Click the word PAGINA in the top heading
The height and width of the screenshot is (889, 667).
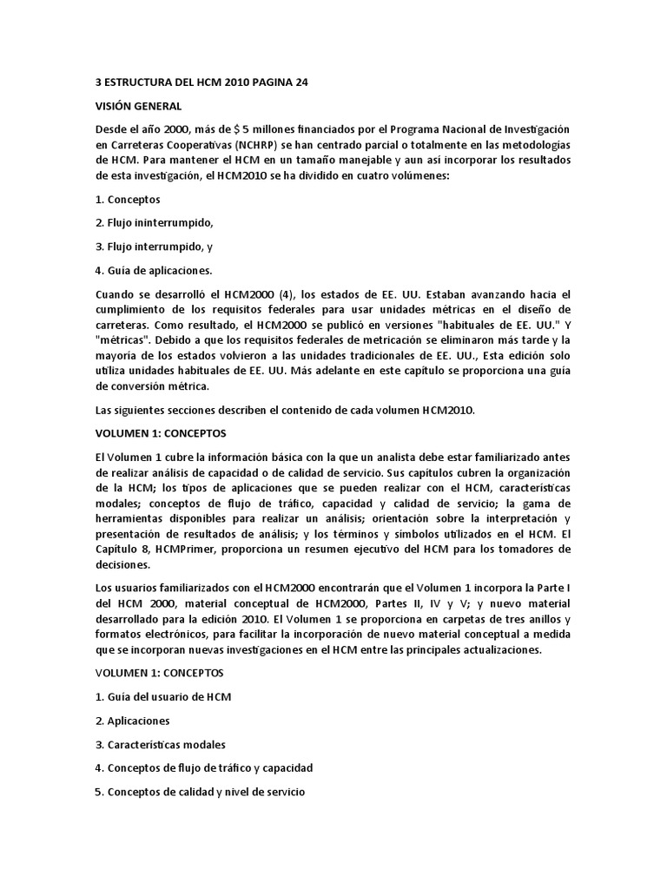point(267,82)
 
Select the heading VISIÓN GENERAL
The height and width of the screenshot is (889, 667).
point(138,106)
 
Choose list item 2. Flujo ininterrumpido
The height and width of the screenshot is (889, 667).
point(154,222)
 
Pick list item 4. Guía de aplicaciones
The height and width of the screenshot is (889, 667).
point(153,269)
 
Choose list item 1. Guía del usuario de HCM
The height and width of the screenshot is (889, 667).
point(163,696)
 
